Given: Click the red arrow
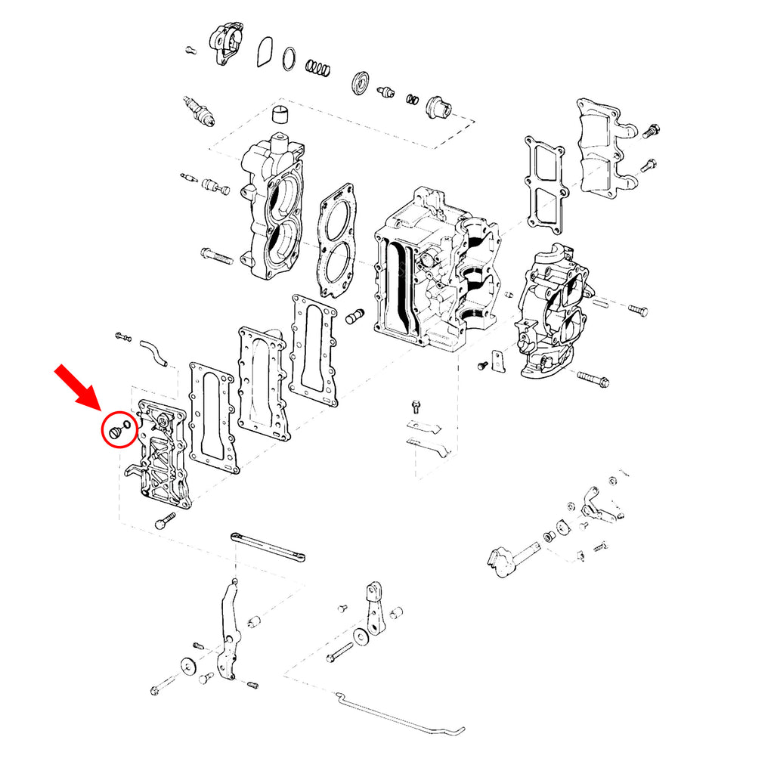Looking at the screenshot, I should click(x=77, y=387).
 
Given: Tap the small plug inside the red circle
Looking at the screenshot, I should click(x=116, y=432).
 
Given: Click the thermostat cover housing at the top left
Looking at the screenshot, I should click(x=226, y=42).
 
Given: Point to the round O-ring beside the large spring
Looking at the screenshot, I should click(x=289, y=58).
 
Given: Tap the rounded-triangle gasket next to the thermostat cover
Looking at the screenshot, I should click(x=264, y=52).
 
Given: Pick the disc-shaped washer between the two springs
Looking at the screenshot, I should click(x=361, y=82).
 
